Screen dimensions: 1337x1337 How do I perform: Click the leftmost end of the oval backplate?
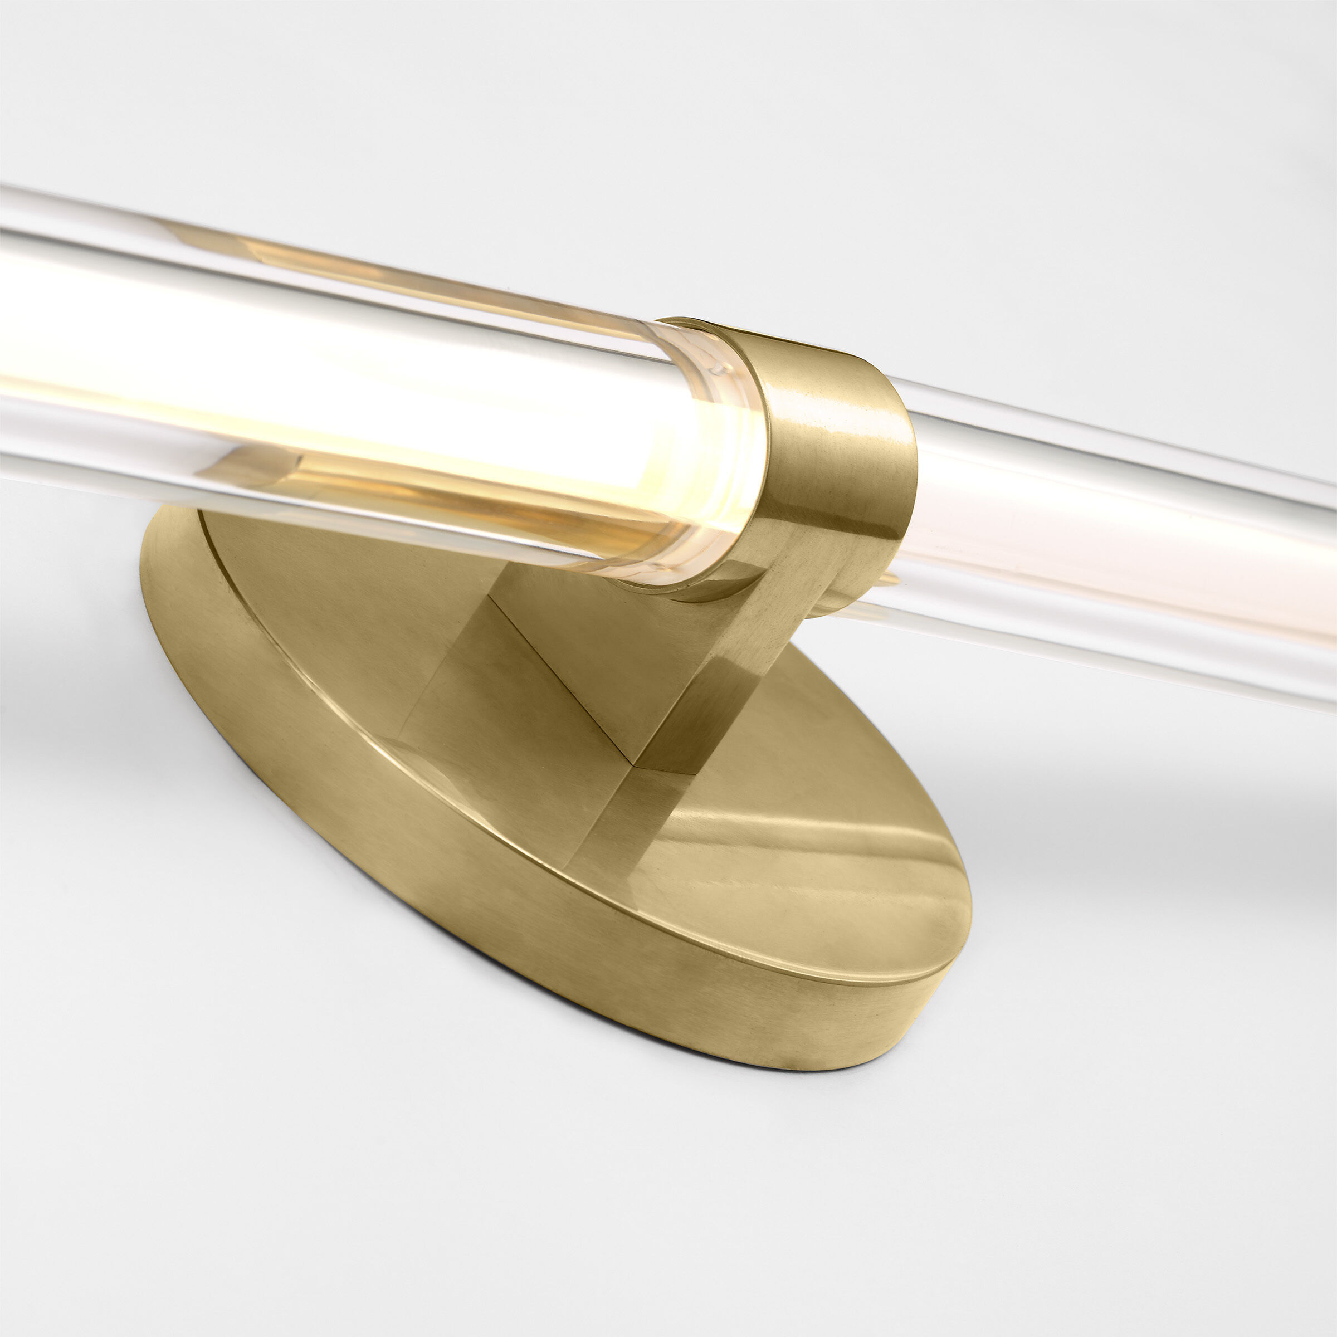point(143,574)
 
